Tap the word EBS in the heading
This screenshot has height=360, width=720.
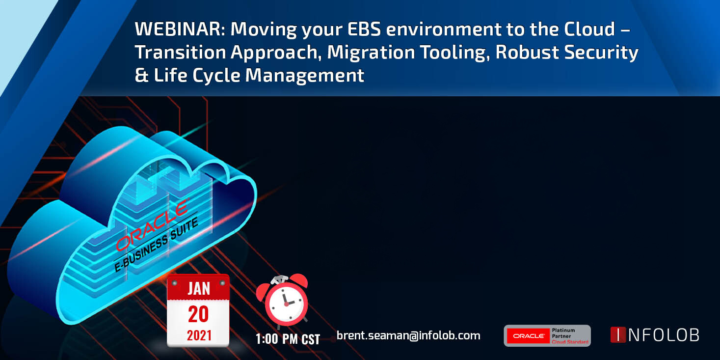[364, 29]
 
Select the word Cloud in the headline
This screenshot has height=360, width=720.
[589, 29]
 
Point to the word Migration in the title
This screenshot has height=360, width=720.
[371, 53]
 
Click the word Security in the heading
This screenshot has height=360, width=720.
[601, 53]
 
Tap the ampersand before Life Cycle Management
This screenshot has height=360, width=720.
[141, 75]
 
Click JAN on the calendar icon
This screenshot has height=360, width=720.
[199, 288]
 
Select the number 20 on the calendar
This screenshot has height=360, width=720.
[198, 314]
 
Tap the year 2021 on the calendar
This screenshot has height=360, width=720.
[199, 335]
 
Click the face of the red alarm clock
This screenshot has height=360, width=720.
[286, 303]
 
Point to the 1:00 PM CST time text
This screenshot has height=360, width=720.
[288, 339]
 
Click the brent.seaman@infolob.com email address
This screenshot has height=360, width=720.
[408, 335]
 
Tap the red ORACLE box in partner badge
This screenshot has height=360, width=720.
[528, 336]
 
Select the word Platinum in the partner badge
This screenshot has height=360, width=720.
[563, 331]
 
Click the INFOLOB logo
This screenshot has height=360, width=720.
[655, 335]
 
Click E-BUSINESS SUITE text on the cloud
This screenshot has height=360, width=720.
[156, 245]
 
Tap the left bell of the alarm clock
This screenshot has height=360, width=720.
[263, 291]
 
